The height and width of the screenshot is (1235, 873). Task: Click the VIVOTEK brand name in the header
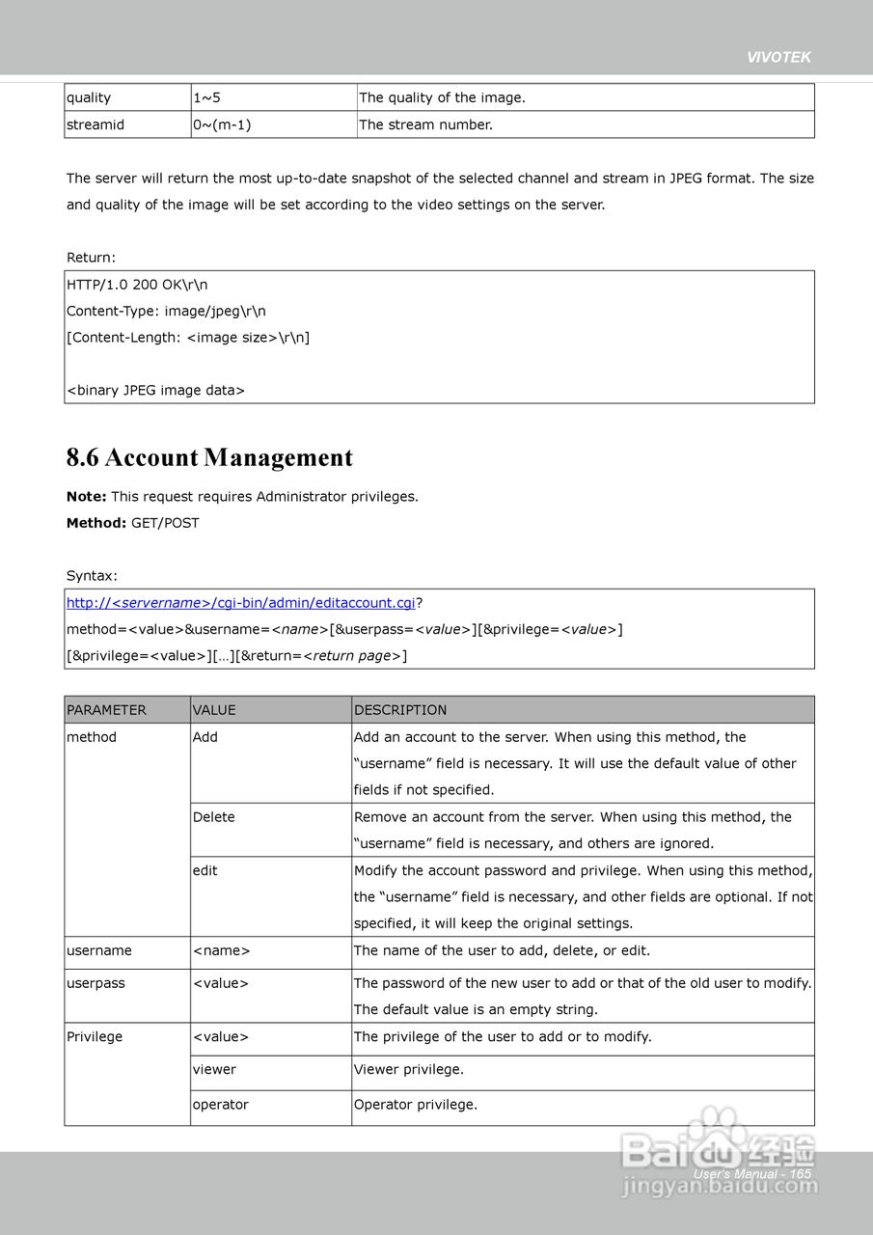(778, 57)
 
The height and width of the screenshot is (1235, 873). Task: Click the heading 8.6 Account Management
(209, 457)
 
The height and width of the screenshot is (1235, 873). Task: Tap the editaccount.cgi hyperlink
(240, 603)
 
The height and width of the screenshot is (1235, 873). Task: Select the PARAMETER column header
(106, 710)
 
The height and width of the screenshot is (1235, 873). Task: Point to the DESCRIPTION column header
(400, 710)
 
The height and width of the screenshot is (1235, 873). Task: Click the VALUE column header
(214, 710)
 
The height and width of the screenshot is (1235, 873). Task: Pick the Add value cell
(205, 737)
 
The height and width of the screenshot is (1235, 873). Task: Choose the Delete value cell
(214, 817)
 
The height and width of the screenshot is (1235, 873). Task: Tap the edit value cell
(205, 870)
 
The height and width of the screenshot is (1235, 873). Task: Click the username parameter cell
(99, 950)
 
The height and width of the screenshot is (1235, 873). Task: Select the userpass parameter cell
(95, 983)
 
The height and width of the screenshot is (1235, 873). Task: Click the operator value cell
(221, 1105)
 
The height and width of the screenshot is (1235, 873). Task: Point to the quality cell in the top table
(89, 97)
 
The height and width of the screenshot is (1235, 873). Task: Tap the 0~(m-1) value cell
(222, 124)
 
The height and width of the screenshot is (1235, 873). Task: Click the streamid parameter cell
(95, 124)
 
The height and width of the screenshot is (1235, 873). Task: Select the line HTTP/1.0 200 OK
(137, 285)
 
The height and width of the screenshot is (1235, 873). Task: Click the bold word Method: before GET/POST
(96, 523)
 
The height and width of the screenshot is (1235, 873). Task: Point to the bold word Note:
(87, 497)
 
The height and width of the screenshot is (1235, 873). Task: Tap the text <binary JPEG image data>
(155, 391)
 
